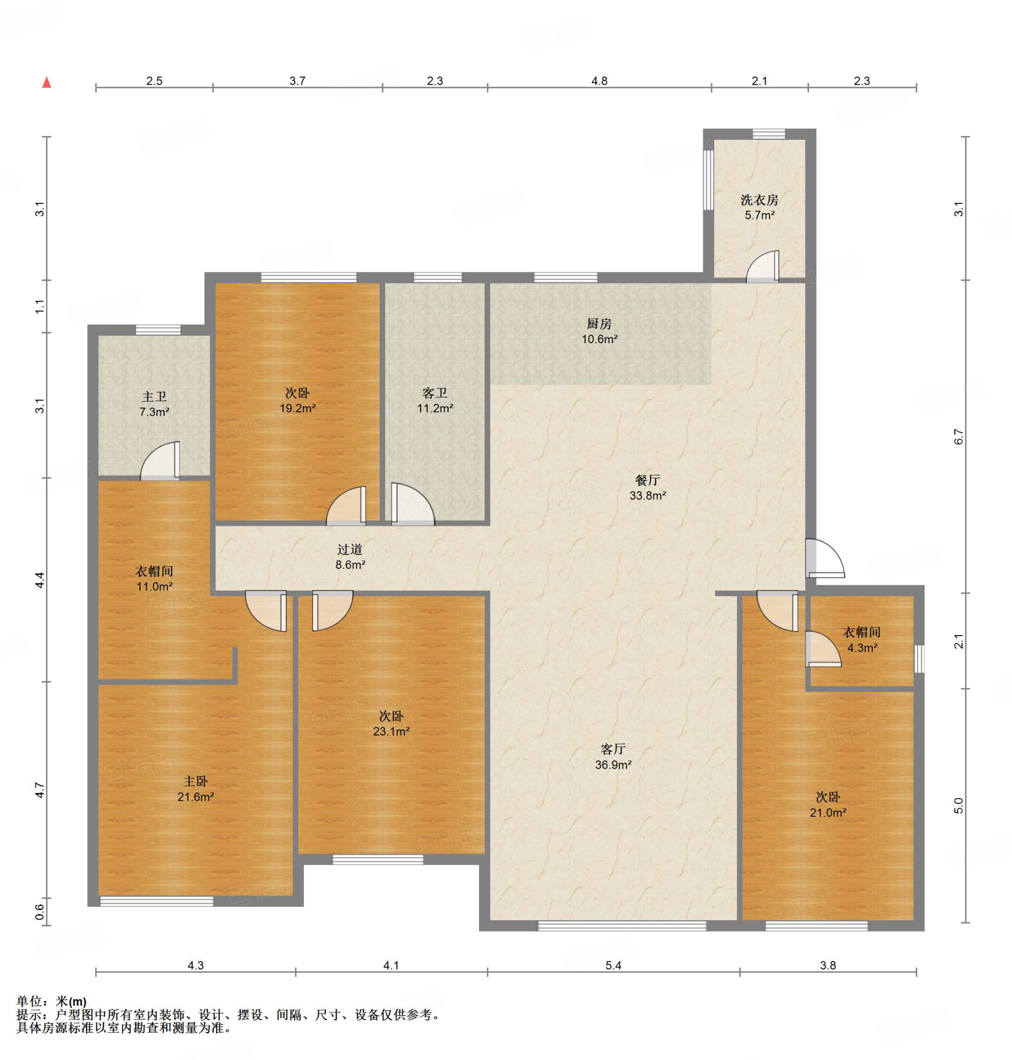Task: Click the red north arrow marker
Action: click(x=47, y=82)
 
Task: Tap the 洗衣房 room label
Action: click(x=759, y=200)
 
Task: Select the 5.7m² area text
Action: click(x=760, y=215)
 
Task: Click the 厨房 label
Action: click(x=599, y=324)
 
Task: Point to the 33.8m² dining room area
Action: click(x=647, y=495)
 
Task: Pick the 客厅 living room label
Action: click(x=613, y=749)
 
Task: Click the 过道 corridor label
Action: click(x=350, y=550)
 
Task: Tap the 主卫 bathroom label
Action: click(x=154, y=397)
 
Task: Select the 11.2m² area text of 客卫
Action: click(x=435, y=408)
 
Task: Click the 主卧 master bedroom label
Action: click(x=195, y=781)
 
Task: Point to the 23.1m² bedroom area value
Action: click(x=391, y=732)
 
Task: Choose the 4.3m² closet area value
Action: click(x=862, y=647)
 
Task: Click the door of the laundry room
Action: click(x=763, y=267)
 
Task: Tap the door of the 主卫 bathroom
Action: click(x=160, y=461)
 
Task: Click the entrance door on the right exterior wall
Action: click(x=825, y=558)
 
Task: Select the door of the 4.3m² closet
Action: click(x=823, y=649)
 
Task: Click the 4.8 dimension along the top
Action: click(x=599, y=81)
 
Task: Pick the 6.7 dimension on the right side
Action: click(x=959, y=436)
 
